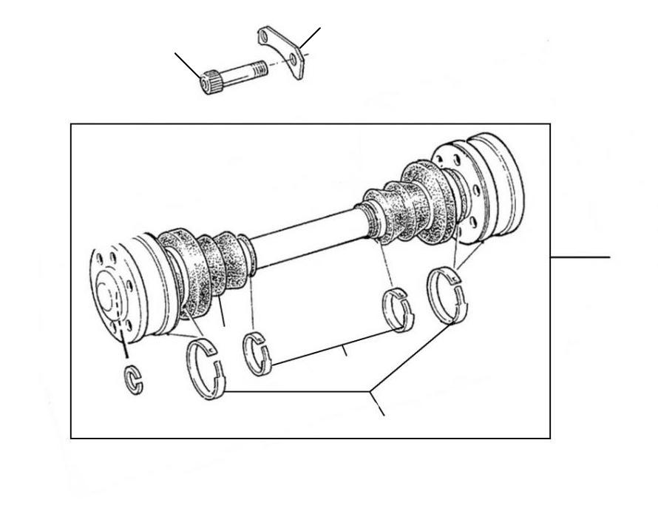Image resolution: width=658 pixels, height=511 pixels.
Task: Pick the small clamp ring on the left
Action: pyautogui.click(x=257, y=353)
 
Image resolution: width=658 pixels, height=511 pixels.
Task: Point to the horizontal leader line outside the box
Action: pyautogui.click(x=580, y=257)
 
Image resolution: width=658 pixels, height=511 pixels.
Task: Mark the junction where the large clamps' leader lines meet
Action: pyautogui.click(x=371, y=390)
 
